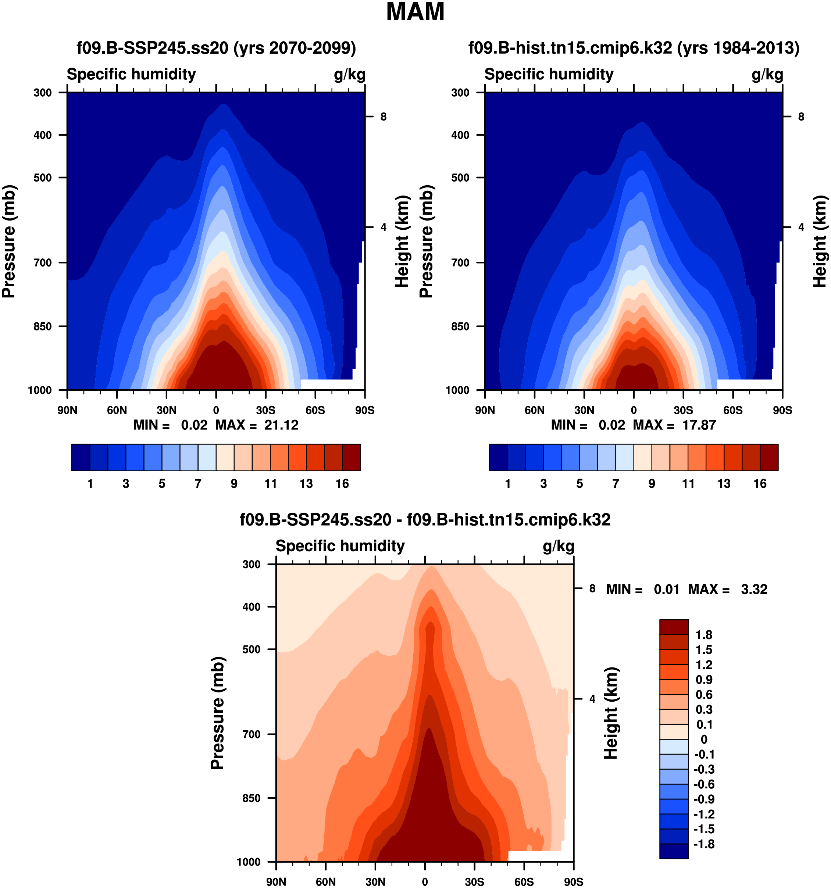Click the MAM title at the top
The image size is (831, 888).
415,12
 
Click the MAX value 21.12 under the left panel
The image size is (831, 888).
281,425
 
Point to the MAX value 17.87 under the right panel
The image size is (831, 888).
699,425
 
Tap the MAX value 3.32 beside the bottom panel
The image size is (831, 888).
754,589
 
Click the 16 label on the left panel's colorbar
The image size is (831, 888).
342,484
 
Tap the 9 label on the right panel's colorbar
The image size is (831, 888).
652,484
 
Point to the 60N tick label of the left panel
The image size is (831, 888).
117,410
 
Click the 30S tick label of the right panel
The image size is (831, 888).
683,410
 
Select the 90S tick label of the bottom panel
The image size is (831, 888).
574,882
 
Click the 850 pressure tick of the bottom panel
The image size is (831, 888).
252,798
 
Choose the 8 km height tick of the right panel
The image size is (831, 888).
801,117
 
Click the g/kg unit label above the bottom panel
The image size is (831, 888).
559,546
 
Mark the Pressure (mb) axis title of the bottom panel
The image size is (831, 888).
217,713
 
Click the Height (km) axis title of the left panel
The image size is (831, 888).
402,241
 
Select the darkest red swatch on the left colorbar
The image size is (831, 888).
352,457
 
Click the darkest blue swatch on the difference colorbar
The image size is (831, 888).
674,851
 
